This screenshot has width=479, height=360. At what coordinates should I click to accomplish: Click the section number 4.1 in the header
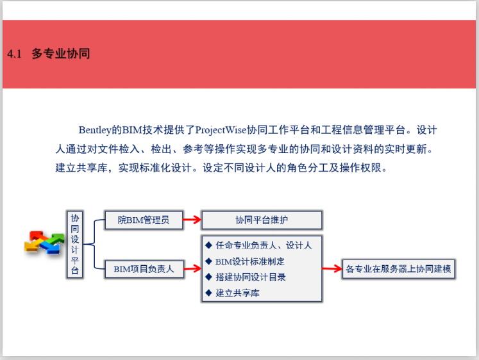(15, 54)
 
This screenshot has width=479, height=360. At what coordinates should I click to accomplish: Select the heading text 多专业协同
(61, 54)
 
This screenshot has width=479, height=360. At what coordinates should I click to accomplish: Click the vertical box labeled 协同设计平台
(75, 244)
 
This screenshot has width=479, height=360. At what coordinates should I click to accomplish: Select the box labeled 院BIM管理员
(143, 220)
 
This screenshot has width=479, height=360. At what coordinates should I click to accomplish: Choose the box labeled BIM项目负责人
(144, 269)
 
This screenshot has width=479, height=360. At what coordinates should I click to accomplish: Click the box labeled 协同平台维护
(261, 220)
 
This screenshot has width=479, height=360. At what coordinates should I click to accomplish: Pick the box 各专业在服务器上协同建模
(398, 269)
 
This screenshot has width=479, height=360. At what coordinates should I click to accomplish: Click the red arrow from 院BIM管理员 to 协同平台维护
(192, 220)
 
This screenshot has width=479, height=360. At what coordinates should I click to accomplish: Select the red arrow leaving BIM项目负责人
(192, 269)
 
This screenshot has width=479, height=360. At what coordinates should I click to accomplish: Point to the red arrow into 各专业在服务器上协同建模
(331, 269)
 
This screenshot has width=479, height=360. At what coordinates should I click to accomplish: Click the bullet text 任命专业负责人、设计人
(263, 245)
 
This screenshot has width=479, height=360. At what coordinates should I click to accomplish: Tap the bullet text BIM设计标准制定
(249, 261)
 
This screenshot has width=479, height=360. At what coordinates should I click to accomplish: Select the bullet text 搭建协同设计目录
(250, 277)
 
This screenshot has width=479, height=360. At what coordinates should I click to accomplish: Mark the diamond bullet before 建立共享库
(208, 293)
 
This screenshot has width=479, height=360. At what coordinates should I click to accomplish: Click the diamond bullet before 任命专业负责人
(208, 245)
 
